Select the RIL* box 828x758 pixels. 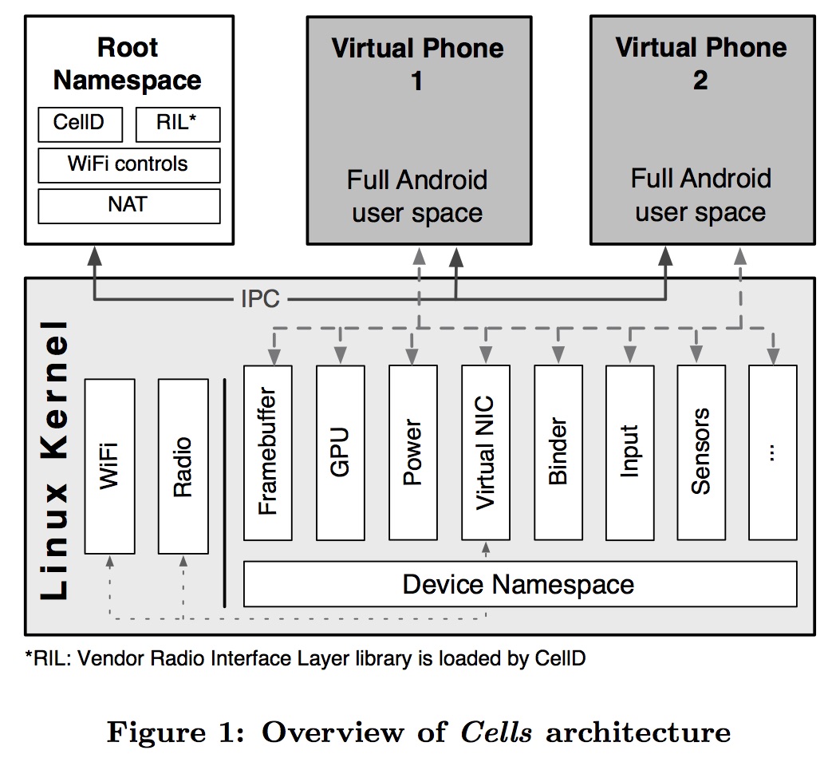coord(177,124)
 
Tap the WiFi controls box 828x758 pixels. coord(128,164)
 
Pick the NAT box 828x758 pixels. coord(128,205)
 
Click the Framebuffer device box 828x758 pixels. coord(268,452)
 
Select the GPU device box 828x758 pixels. coord(341,452)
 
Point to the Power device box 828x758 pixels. coord(412,452)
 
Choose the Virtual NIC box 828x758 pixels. coord(485,452)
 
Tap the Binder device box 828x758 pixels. coord(558,452)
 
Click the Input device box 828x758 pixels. coord(629,452)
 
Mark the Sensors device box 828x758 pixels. coord(701,452)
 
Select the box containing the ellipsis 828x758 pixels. coord(772,452)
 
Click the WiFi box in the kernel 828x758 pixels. coord(109,466)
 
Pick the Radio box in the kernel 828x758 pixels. coord(183,466)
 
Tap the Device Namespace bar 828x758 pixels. coord(519,584)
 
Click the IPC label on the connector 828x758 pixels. coord(260,299)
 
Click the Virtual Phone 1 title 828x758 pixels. coord(418,64)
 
